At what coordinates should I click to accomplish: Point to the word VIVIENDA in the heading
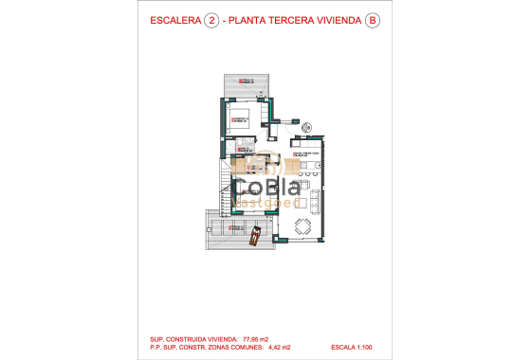[x=338, y=20]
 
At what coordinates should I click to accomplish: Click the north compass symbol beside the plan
[x=306, y=126]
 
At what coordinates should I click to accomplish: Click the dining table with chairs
[x=302, y=226]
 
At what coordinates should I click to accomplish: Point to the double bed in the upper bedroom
[x=238, y=118]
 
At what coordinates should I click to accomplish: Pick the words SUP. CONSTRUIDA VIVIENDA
[x=190, y=337]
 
